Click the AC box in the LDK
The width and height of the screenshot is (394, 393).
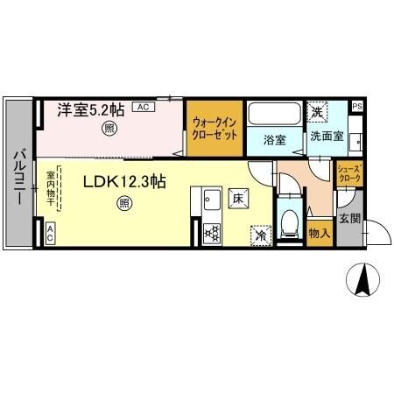point(50,233)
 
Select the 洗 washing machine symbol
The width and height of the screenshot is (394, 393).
point(315,111)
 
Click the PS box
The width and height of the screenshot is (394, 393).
point(356,106)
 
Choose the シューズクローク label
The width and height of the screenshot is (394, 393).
point(348,172)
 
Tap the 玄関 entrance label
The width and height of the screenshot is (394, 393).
point(348,219)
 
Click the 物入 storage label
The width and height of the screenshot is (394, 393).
point(318,234)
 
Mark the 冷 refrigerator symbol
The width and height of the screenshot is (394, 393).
point(259,234)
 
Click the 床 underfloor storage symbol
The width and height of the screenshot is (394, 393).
point(237,199)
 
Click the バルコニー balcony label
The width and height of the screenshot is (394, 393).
point(18,178)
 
